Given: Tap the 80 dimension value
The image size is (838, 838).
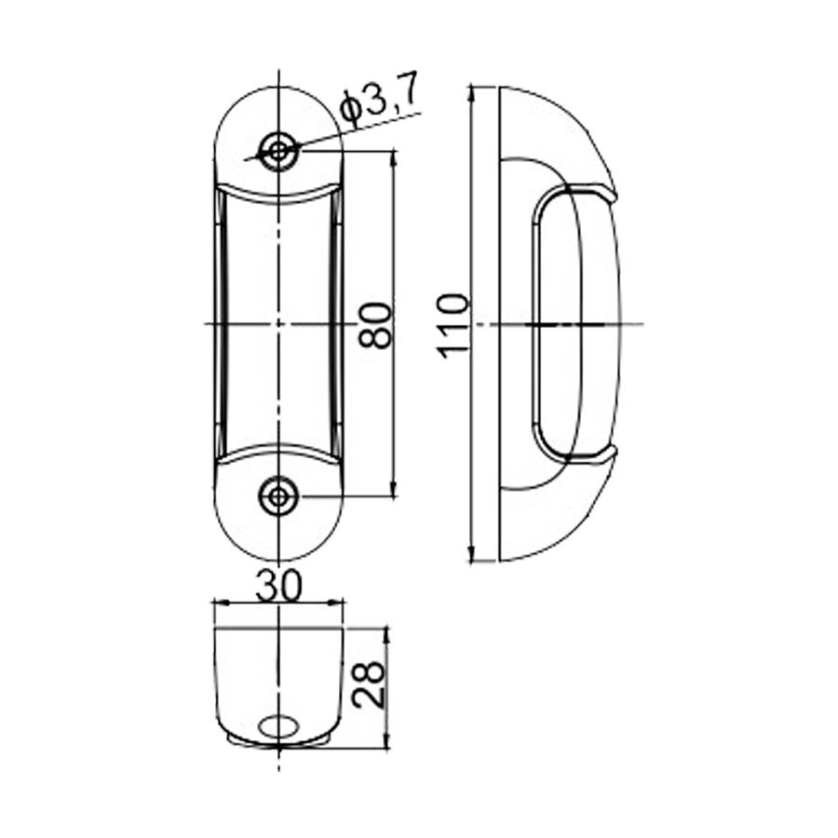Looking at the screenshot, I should (x=375, y=324).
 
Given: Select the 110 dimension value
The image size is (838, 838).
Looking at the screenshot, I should (x=453, y=324).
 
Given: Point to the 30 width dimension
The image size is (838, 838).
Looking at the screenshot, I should (x=278, y=586).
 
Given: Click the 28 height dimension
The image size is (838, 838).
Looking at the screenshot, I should (x=369, y=685).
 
